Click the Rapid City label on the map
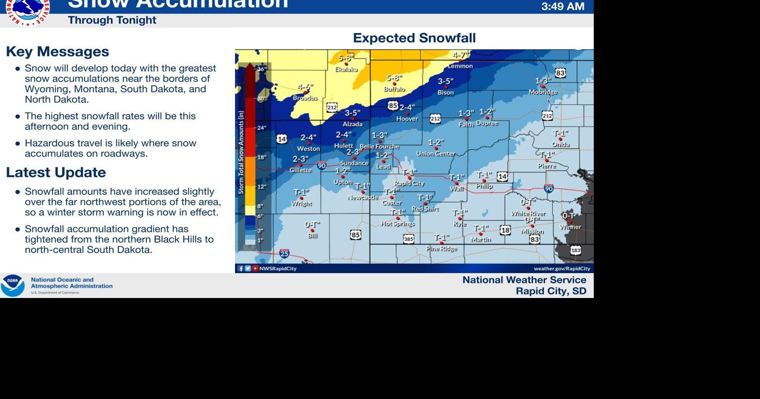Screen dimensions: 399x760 click(409, 184)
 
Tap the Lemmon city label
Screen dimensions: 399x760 click(460, 66)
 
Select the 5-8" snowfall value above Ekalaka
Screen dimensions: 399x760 click(346, 58)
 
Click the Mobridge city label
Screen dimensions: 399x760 click(543, 92)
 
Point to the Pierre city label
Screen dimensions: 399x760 click(547, 166)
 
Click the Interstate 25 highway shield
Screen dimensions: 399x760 click(284, 254)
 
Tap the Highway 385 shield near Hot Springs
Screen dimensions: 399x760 click(409, 239)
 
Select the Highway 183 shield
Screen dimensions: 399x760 click(575, 250)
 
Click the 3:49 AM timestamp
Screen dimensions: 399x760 click(563, 6)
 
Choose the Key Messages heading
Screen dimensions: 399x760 click(57, 51)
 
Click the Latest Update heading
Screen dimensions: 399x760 click(56, 172)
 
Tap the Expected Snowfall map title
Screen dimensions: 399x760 click(414, 38)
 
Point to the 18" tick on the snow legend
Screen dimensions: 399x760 click(261, 157)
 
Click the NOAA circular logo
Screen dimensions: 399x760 click(12, 286)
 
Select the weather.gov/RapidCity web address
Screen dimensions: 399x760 click(562, 268)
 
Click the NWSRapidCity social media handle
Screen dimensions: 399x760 click(278, 268)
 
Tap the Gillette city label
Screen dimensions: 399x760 click(301, 170)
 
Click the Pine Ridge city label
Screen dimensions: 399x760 click(442, 249)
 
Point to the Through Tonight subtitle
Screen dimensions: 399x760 click(112, 20)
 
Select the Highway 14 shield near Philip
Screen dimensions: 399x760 click(502, 176)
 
